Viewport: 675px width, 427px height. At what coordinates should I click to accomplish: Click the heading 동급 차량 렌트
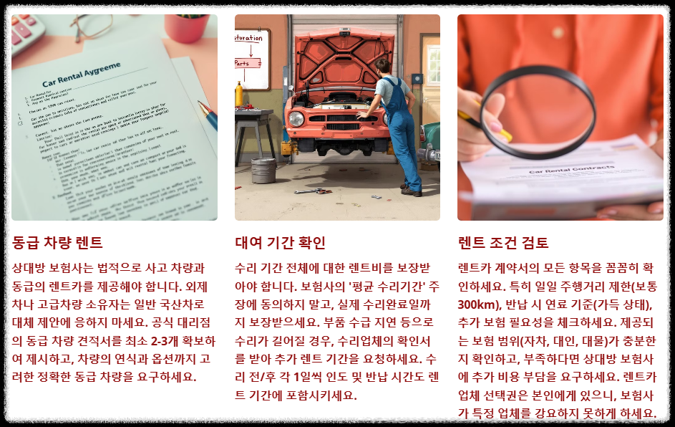[58, 242]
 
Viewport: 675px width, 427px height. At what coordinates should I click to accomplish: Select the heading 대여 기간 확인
[280, 242]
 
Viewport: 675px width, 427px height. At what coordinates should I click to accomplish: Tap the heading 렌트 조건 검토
[503, 242]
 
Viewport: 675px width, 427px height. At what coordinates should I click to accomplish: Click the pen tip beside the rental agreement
[203, 106]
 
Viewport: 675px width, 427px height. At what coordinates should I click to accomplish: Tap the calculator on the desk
[26, 29]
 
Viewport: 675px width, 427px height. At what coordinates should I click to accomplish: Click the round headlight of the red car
[295, 118]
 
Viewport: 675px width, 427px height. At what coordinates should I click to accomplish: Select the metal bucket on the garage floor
[264, 171]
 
